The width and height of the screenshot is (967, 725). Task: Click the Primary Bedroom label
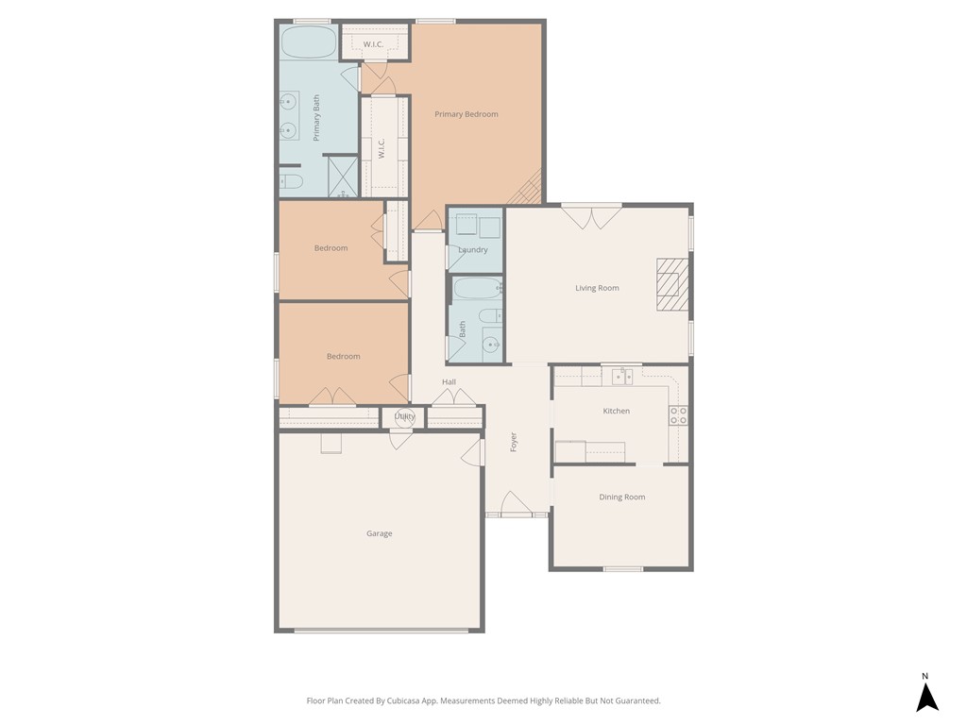pos(466,114)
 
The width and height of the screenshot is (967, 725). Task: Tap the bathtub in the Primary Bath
pos(308,42)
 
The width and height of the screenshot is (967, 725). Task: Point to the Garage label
pos(379,533)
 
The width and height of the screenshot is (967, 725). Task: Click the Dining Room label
pos(621,497)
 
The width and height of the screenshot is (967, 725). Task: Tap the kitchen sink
pos(622,377)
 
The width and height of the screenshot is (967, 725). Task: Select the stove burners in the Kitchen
pos(678,415)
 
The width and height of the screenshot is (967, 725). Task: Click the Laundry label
pos(473,250)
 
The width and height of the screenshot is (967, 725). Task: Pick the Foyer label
pos(514,441)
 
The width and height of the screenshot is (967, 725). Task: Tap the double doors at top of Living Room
pos(591,216)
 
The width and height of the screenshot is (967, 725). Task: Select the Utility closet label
pos(404,416)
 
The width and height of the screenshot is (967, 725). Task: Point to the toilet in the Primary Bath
pos(289,180)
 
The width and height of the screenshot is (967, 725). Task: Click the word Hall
pos(449,381)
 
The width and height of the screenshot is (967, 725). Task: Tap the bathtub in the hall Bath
pos(476,287)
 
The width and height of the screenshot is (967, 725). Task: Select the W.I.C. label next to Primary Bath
pos(382,150)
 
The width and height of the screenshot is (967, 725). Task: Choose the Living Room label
pos(597,288)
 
